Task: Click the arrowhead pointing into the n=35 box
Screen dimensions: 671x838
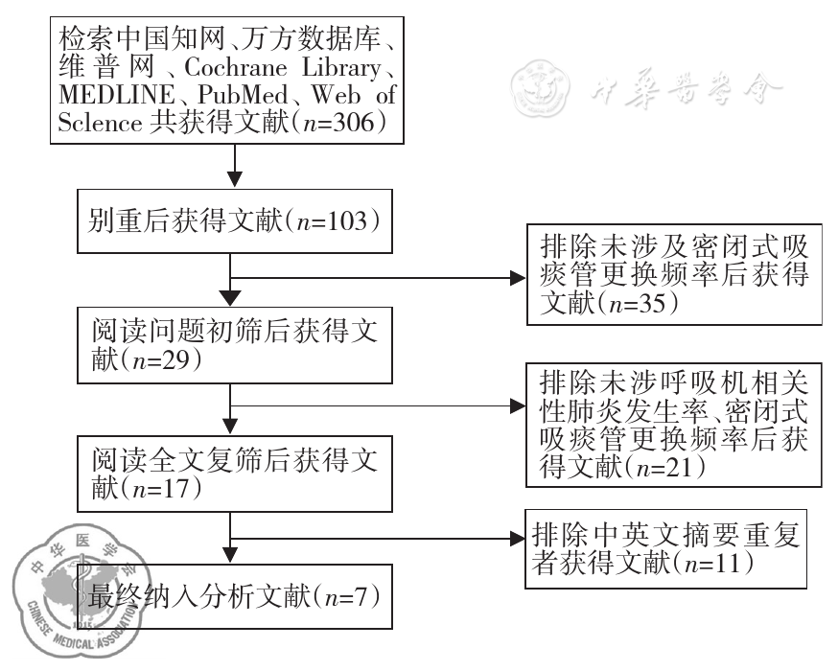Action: (518, 278)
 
